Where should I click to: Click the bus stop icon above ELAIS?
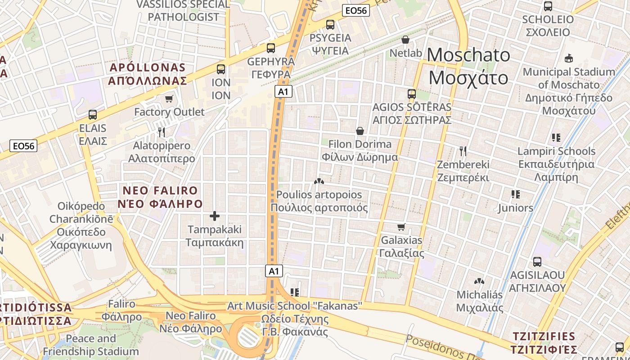(93, 115)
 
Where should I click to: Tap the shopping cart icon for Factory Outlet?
(169, 99)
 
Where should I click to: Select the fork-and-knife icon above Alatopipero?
(162, 132)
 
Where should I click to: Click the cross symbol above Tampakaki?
(215, 216)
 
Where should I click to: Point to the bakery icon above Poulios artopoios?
(319, 181)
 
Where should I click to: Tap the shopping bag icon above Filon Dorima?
(360, 131)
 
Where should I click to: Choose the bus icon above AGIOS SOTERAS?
(412, 94)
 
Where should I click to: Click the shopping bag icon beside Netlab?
(405, 40)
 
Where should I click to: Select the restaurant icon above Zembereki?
(463, 151)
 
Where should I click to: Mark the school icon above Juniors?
(516, 194)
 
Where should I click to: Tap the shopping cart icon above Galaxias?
(401, 227)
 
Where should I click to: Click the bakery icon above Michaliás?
(479, 281)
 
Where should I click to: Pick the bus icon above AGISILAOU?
(537, 262)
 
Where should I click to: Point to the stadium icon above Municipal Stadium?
(569, 58)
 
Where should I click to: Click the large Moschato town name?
(468, 66)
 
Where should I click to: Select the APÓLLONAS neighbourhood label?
(148, 74)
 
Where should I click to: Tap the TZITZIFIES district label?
(544, 343)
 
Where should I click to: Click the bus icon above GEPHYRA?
(271, 48)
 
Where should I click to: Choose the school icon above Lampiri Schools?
(556, 138)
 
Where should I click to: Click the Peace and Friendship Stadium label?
(91, 345)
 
